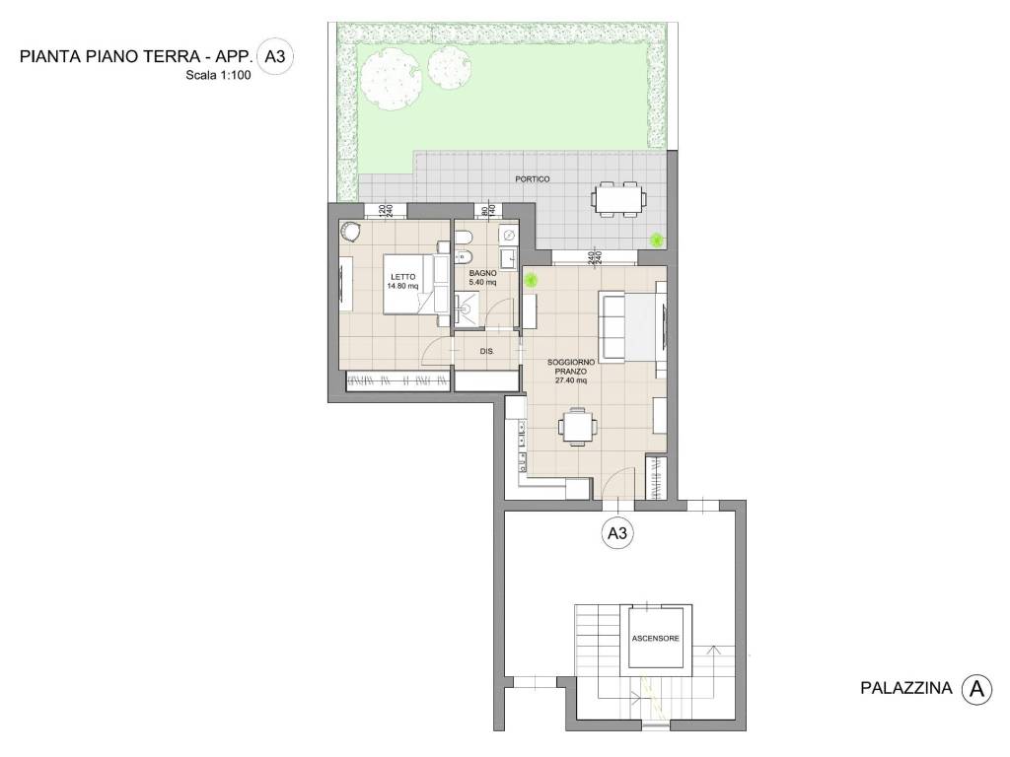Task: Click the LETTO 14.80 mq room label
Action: point(402,282)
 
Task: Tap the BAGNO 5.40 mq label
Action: point(482,277)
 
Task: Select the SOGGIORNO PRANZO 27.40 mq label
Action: point(571,371)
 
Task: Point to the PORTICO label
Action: point(533,179)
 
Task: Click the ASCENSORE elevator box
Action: point(655,639)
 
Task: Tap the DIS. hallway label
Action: point(486,351)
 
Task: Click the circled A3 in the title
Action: point(274,56)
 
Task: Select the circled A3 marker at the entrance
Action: point(616,534)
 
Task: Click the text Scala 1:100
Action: point(218,75)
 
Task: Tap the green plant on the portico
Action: point(656,240)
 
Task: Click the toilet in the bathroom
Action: point(463,241)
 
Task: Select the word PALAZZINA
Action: point(903,689)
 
